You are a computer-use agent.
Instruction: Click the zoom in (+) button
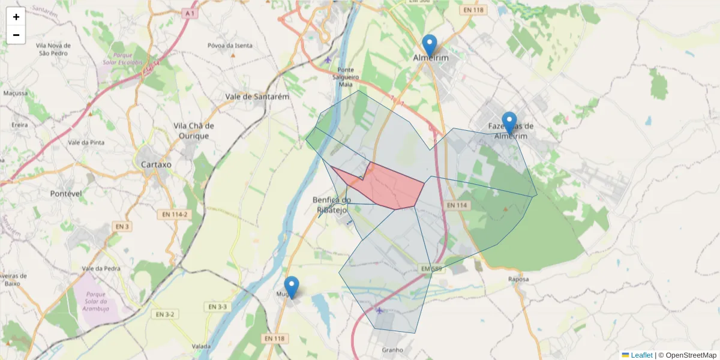pyautogui.click(x=16, y=17)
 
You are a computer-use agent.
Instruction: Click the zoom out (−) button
pyautogui.click(x=16, y=35)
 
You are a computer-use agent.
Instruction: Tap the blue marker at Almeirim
pyautogui.click(x=429, y=46)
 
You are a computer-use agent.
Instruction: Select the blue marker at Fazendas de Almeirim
pyautogui.click(x=509, y=123)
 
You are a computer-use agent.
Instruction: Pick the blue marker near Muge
pyautogui.click(x=292, y=287)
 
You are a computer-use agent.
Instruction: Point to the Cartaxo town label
pyautogui.click(x=155, y=164)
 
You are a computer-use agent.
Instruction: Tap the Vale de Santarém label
pyautogui.click(x=257, y=96)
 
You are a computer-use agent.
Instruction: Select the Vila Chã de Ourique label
pyautogui.click(x=193, y=130)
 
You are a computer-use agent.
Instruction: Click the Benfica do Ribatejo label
pyautogui.click(x=332, y=204)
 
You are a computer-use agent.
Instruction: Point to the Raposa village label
pyautogui.click(x=518, y=279)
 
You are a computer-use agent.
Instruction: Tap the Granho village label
pyautogui.click(x=392, y=350)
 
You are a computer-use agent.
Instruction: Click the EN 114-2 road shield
pyautogui.click(x=175, y=214)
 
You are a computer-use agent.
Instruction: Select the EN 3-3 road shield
pyautogui.click(x=218, y=307)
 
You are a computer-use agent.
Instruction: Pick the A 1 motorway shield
pyautogui.click(x=190, y=13)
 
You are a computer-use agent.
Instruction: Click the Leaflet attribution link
pyautogui.click(x=641, y=355)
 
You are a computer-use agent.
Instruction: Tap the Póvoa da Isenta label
pyautogui.click(x=230, y=46)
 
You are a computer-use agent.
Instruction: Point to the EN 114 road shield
pyautogui.click(x=456, y=205)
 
